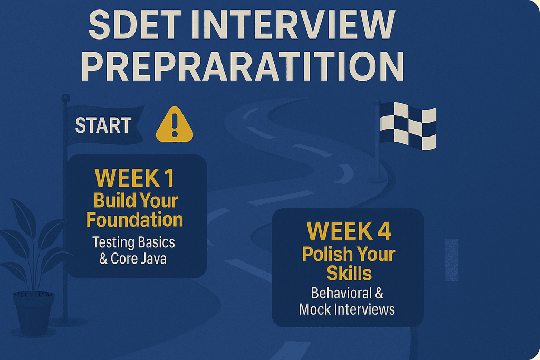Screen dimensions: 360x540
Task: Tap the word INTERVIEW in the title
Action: coord(300,25)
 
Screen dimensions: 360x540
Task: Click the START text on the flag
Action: coord(103,126)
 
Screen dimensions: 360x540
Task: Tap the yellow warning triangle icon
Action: coord(175,125)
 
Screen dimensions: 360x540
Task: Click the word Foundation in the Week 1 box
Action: coord(134,220)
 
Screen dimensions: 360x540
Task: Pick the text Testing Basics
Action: coord(133,242)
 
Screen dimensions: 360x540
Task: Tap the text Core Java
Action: coord(140,259)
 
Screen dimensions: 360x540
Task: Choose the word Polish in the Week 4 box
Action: coord(326,254)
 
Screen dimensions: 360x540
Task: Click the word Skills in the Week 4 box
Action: coord(349,273)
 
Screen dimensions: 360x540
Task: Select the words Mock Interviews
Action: coord(346,309)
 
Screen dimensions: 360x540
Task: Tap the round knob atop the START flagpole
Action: coord(65,99)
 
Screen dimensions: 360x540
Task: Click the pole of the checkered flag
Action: coord(378,153)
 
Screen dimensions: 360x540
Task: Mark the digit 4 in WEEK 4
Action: coord(379,231)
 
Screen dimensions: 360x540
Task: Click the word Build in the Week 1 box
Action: coord(113,200)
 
